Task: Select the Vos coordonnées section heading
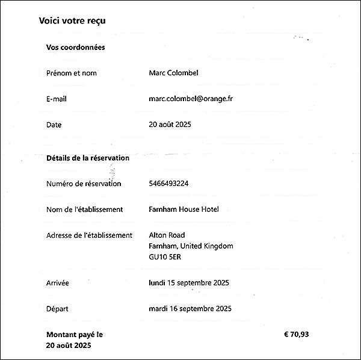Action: [x=75, y=47]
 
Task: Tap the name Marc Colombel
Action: [x=173, y=73]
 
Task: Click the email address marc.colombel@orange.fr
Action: [x=190, y=99]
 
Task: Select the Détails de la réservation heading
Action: [x=88, y=158]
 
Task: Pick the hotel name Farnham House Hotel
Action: [x=184, y=209]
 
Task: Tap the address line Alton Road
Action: [x=167, y=235]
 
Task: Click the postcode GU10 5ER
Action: [x=165, y=257]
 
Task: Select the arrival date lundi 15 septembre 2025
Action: [x=189, y=282]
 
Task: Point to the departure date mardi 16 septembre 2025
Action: [x=190, y=309]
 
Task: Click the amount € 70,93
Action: [x=300, y=334]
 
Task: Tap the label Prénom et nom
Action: [x=71, y=73]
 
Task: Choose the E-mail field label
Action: [x=55, y=99]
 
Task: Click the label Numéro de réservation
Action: [x=84, y=184]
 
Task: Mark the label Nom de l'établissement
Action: [x=84, y=209]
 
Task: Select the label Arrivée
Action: [x=58, y=282]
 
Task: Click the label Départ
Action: [x=57, y=309]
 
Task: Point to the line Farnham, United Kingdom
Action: [x=191, y=246]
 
